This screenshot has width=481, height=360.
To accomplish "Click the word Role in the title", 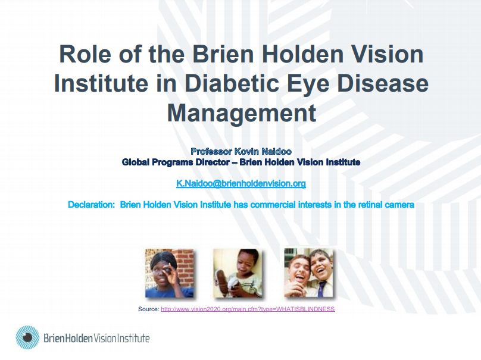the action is coord(85,54).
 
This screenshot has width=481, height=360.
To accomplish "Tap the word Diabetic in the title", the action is coord(232,83).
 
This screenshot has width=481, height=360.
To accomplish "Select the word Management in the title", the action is coord(242,113).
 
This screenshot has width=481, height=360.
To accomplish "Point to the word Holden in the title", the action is coord(302,54).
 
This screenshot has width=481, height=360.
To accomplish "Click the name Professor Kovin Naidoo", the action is coord(241,151).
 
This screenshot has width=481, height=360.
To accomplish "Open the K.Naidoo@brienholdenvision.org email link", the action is coord(241,183).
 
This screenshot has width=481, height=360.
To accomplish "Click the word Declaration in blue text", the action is coord(92,205).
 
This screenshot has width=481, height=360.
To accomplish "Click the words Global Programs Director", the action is coord(176,162).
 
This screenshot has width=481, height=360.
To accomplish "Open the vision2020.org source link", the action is coord(248,309).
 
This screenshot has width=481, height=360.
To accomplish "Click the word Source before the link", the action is coord(148,309).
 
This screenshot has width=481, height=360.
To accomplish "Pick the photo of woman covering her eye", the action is coord(169,273).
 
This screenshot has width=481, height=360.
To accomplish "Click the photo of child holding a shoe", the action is coord(238,273).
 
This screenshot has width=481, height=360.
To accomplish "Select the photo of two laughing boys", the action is coord(308,273).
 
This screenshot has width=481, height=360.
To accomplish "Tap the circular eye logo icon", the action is coord(27,337).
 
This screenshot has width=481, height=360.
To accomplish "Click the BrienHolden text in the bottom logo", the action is coord(68,338).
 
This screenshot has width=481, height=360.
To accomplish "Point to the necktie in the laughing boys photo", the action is coord(321,289).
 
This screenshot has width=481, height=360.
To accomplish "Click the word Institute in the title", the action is coord(101,83).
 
